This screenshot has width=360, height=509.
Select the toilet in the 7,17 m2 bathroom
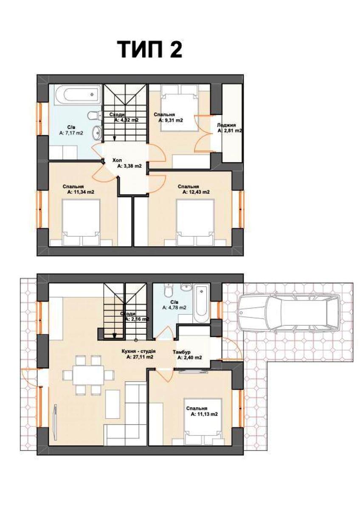pyautogui.click(x=95, y=115)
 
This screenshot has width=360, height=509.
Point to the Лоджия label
pyautogui.click(x=226, y=125)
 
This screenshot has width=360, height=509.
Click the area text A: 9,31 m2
pyautogui.click(x=171, y=120)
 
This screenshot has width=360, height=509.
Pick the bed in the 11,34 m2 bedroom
pyautogui.click(x=81, y=222)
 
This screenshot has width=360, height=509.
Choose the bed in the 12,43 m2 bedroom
pyautogui.click(x=196, y=222)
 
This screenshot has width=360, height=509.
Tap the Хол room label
pyautogui.click(x=117, y=160)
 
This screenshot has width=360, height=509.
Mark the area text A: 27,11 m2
pyautogui.click(x=140, y=357)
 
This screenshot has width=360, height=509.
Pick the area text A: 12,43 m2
pyautogui.click(x=196, y=192)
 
